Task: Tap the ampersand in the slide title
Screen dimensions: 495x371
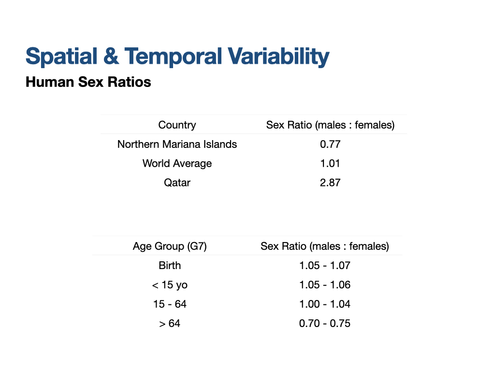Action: point(111,56)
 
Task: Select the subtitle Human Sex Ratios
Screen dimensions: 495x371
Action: point(88,82)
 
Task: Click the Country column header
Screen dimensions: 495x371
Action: point(177,125)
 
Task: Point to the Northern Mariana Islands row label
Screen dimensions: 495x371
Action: point(177,144)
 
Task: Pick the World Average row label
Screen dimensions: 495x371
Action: point(177,164)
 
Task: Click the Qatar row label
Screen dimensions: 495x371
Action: point(177,183)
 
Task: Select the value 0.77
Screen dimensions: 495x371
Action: point(330,144)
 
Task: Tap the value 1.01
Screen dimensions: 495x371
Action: point(330,163)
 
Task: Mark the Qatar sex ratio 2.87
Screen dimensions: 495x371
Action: point(330,183)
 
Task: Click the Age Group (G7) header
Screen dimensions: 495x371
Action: point(170,246)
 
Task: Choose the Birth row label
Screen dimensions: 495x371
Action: point(170,266)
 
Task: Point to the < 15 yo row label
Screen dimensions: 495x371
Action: point(170,285)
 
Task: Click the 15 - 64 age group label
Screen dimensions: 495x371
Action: point(170,304)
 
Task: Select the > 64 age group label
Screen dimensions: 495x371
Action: point(170,323)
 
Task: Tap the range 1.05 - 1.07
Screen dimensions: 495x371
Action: point(325,266)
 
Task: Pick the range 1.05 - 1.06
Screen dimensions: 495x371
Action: point(325,285)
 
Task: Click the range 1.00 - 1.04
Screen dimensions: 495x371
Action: point(325,304)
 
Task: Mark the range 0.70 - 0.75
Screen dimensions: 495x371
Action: point(325,323)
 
